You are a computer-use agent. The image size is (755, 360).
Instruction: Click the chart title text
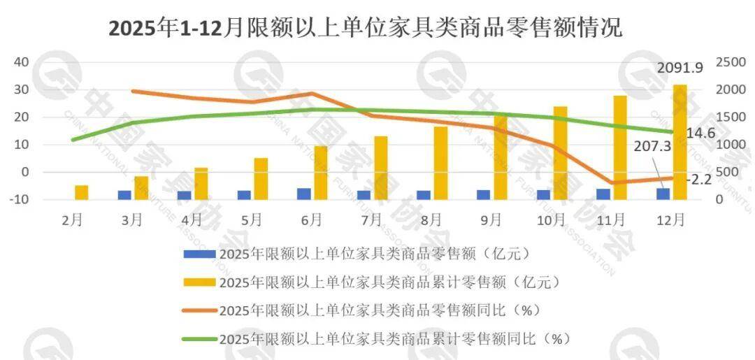coord(364,29)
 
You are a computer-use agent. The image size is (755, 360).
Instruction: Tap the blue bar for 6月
coord(304,194)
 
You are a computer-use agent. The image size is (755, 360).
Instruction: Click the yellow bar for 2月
coord(82,192)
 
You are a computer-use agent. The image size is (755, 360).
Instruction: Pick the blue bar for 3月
coord(124,195)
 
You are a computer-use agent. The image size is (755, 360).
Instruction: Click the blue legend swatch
coord(199,252)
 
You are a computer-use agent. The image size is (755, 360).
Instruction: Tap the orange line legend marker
coord(199,310)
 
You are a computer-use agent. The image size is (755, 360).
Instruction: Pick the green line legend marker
coord(199,339)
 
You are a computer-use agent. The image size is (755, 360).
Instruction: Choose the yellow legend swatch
coord(199,282)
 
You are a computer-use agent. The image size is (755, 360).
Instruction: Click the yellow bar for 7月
coord(381,168)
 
